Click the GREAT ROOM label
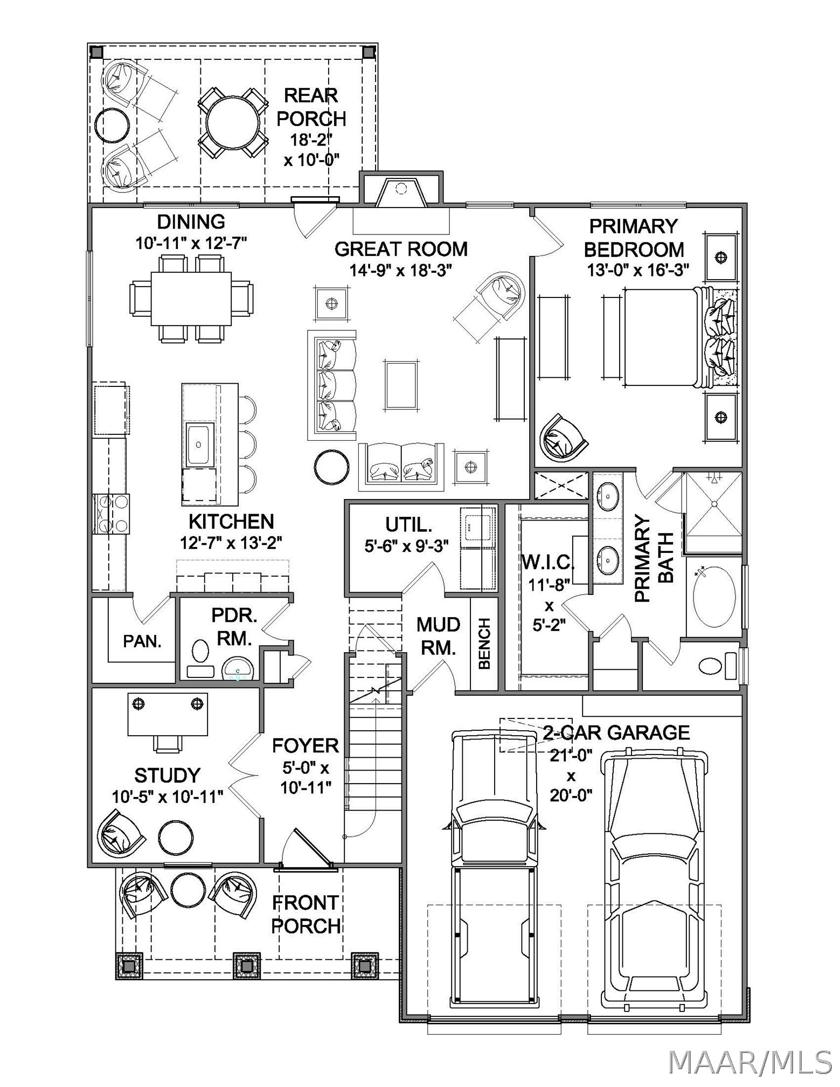401,249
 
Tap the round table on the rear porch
233,123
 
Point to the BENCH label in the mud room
484,643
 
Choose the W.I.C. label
548,562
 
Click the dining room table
191,298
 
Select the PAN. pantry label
142,641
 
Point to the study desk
168,714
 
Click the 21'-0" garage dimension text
571,756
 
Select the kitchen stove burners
112,514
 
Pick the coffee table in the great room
401,386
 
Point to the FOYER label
306,745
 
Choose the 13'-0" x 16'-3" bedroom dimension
638,270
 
